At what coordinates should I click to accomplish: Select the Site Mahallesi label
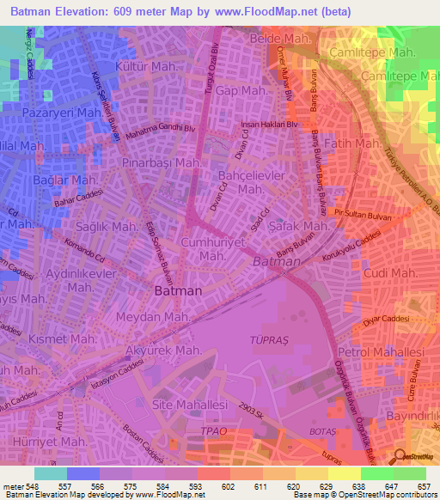[x=188, y=403]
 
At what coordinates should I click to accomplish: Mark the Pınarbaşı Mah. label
[x=162, y=162]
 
